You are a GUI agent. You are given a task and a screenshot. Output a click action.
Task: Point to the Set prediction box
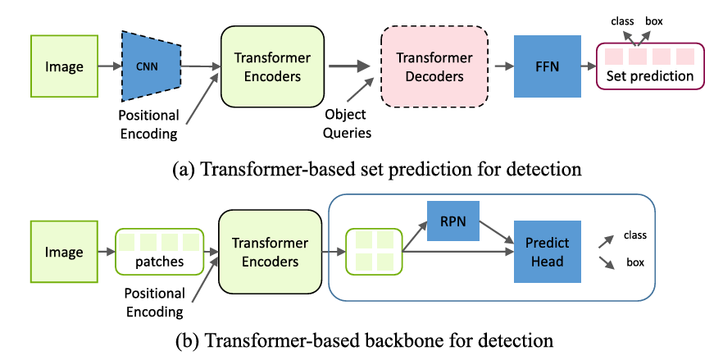(x=649, y=66)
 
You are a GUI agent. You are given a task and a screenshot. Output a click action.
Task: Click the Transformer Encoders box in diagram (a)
(x=268, y=66)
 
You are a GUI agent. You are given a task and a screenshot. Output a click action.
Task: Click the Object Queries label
(x=345, y=125)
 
